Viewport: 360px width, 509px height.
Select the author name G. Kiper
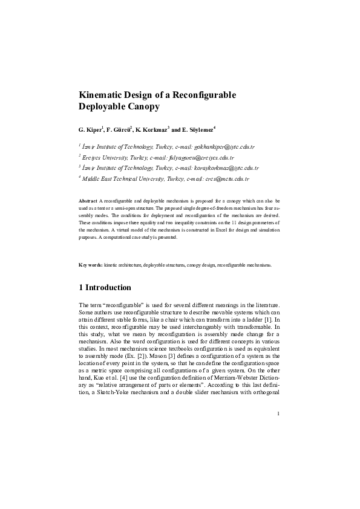[x=91, y=129]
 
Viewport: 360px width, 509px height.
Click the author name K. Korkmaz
[x=155, y=129]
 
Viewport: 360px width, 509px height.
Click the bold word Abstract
[x=88, y=199]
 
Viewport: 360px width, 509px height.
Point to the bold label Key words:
[x=91, y=265]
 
